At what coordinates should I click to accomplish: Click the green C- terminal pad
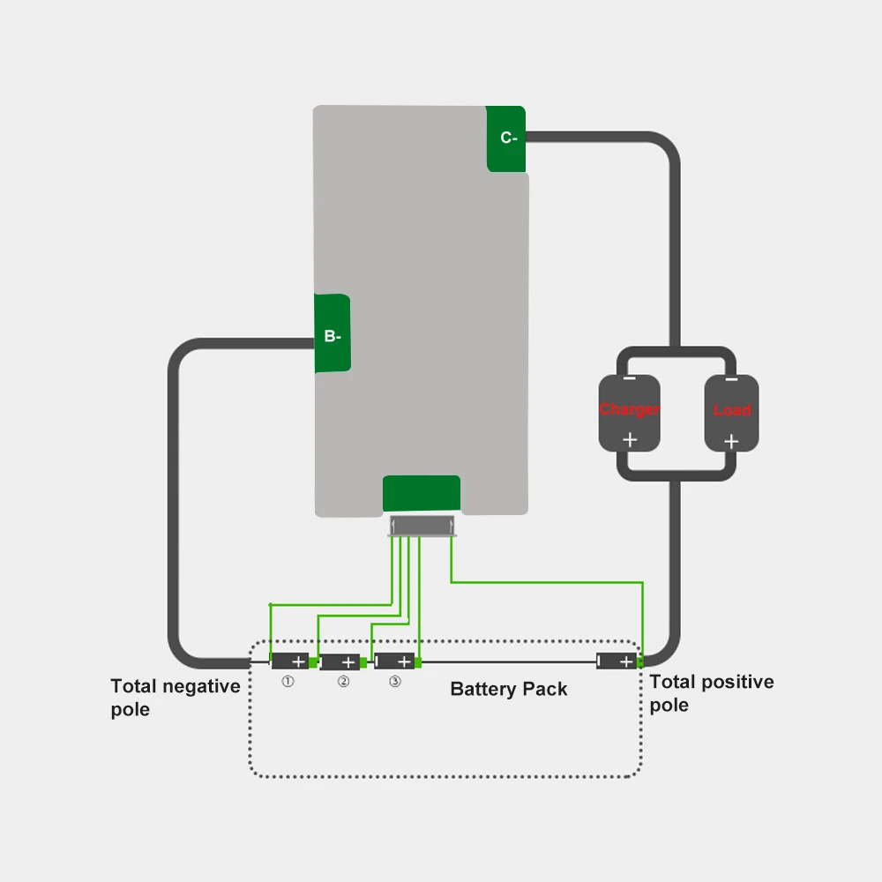pos(506,138)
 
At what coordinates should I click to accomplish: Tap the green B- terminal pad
pos(333,334)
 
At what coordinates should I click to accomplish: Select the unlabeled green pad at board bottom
pos(422,493)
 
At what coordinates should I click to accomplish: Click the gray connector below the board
pos(422,527)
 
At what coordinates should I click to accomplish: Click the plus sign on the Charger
pos(630,439)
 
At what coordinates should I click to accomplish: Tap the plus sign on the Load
pos(731,440)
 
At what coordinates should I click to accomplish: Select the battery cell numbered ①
pos(288,661)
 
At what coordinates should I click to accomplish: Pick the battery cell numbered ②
pos(340,661)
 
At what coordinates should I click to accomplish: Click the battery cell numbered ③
pos(394,661)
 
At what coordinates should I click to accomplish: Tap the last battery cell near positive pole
pos(617,661)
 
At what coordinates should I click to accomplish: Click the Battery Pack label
pos(509,689)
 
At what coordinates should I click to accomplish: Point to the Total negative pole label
pos(175,697)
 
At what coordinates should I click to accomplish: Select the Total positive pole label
pos(711,692)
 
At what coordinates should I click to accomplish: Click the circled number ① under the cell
pos(288,682)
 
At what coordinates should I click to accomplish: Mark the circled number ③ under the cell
pos(395,682)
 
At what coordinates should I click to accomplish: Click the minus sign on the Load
pos(731,379)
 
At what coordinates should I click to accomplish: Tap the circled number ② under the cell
pos(342,682)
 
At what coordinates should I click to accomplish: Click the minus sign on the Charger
pos(630,379)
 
